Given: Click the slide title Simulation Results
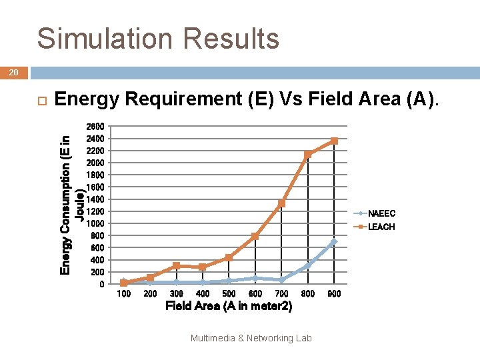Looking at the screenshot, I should [158, 39].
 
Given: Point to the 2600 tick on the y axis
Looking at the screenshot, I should [95, 127].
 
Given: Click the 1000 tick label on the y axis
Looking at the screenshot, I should [95, 223].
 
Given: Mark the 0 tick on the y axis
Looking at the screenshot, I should [101, 284].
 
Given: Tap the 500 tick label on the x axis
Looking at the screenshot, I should [229, 293].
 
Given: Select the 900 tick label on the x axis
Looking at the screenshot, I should [334, 293].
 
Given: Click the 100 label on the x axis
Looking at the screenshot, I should [123, 293].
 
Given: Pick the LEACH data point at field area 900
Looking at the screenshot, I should [334, 141].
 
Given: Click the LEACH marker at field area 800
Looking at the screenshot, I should [308, 155].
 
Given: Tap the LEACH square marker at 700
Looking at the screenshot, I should [281, 203].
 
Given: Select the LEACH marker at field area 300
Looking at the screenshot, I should [176, 265].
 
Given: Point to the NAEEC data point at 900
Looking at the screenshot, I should [334, 242].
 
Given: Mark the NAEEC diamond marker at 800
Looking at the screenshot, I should [308, 265].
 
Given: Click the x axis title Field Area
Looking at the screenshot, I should [229, 307].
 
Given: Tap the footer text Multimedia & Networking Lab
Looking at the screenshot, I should [251, 338].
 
